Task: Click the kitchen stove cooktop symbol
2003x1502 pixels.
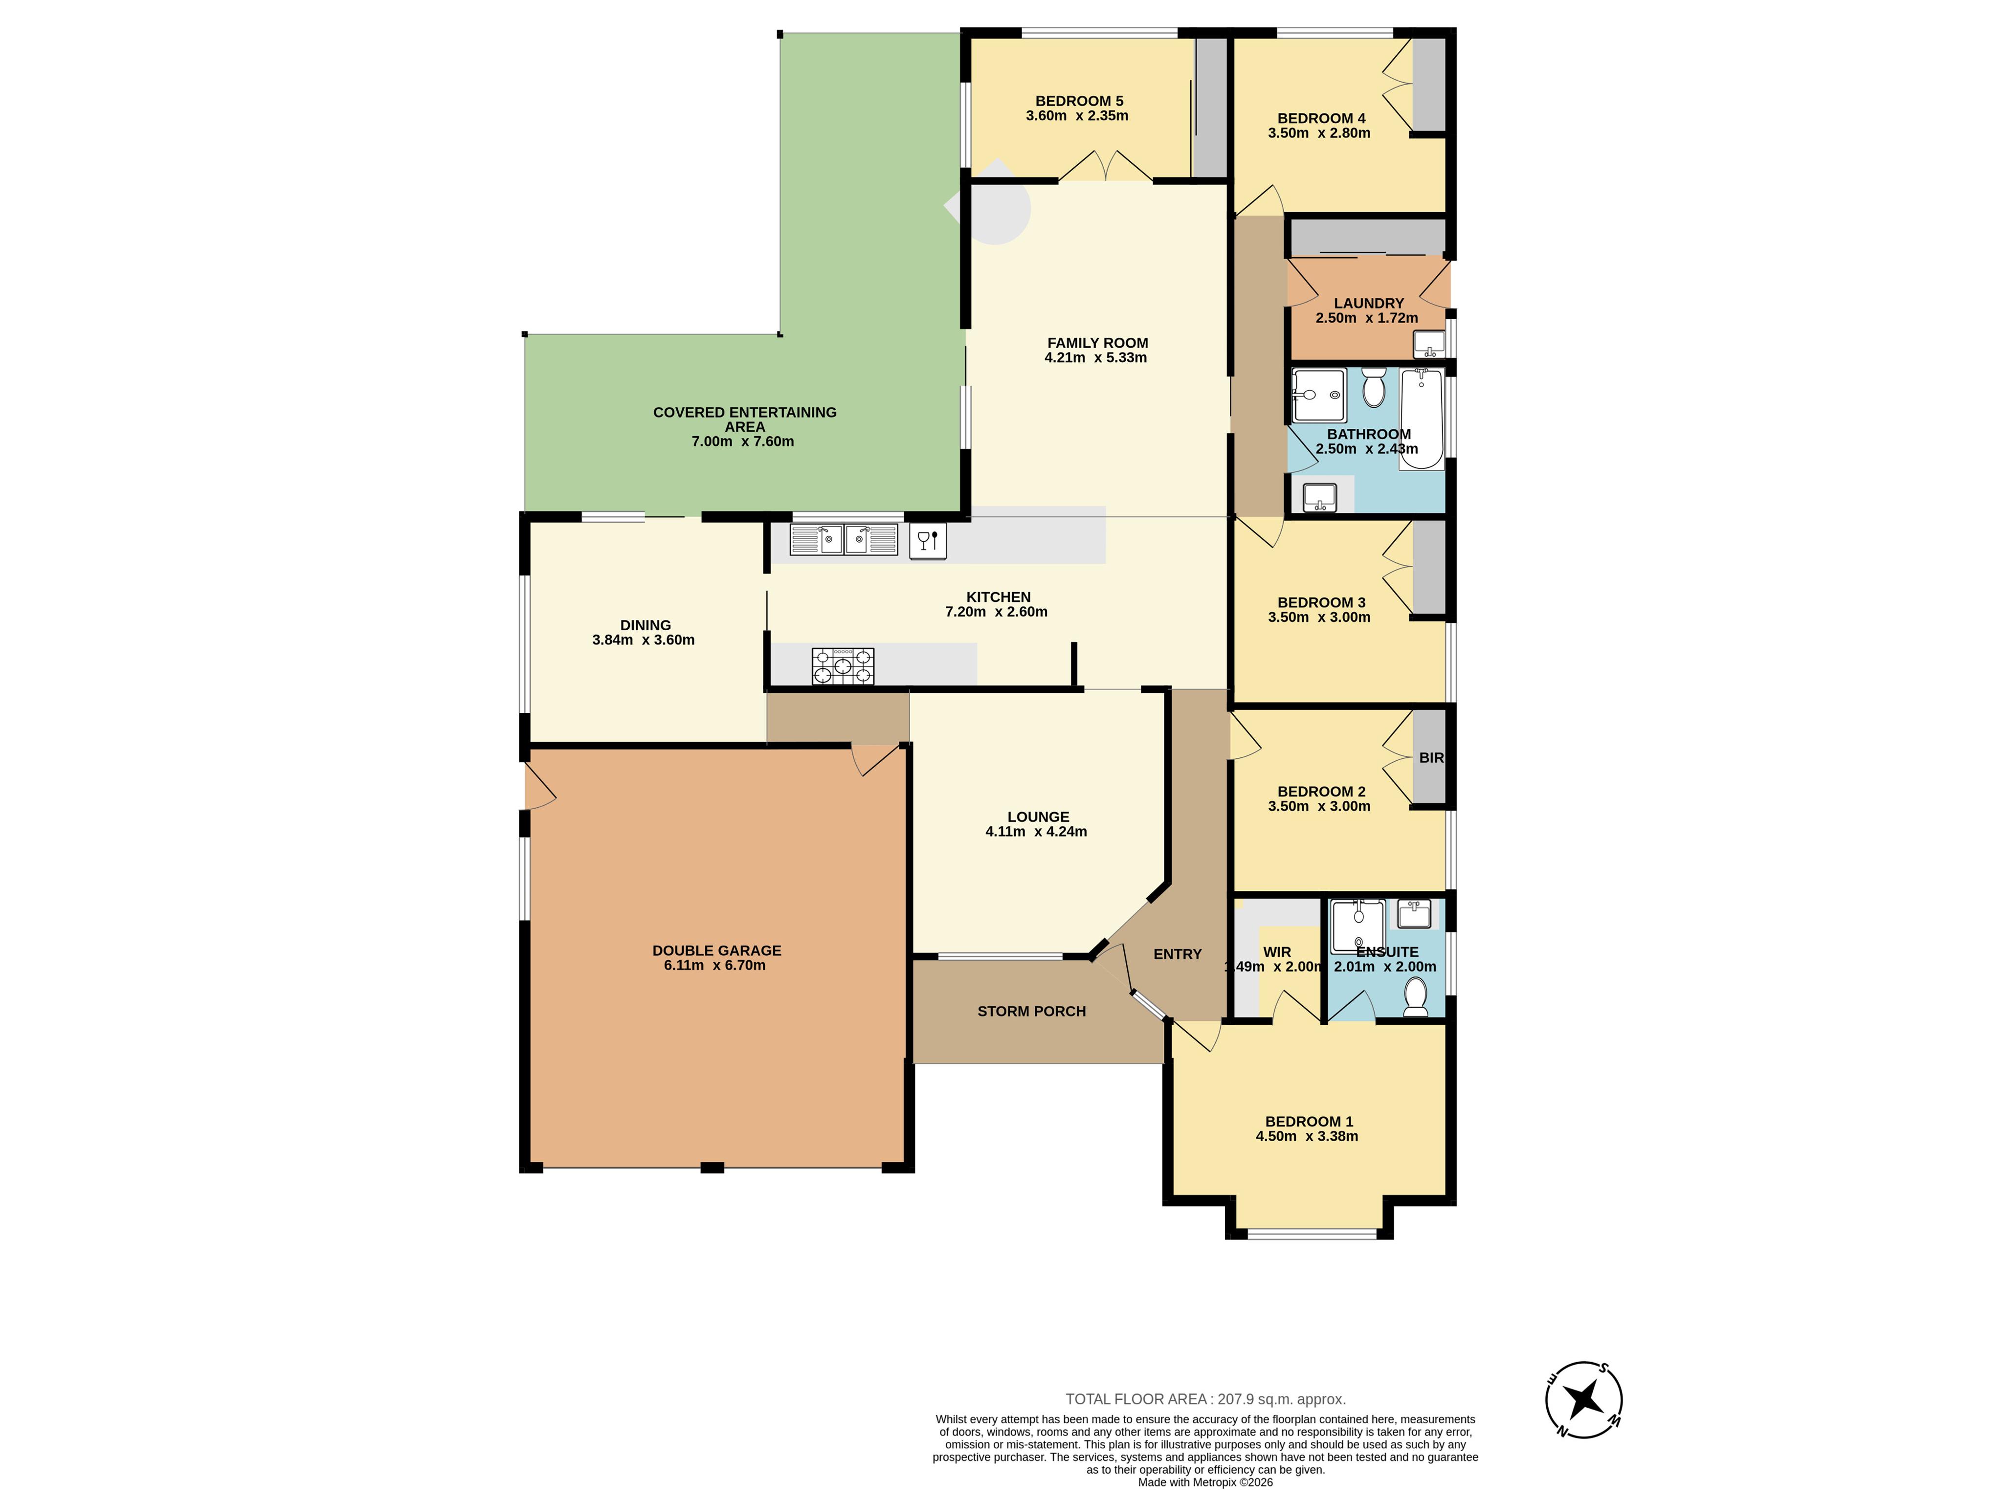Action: [x=842, y=666]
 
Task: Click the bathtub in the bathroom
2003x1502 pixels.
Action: [x=1422, y=418]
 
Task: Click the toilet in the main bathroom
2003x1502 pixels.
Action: [x=1374, y=388]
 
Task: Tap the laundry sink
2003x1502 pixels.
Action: [x=1429, y=344]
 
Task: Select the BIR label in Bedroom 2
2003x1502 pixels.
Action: [x=1431, y=758]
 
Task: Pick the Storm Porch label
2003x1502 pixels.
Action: [x=1031, y=1011]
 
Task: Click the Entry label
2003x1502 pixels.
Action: [x=1177, y=954]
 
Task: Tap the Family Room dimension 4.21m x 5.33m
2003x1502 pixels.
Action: [x=1096, y=357]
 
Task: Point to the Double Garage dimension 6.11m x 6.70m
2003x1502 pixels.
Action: [x=714, y=965]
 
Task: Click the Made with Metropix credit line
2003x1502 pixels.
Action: [x=1205, y=1482]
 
